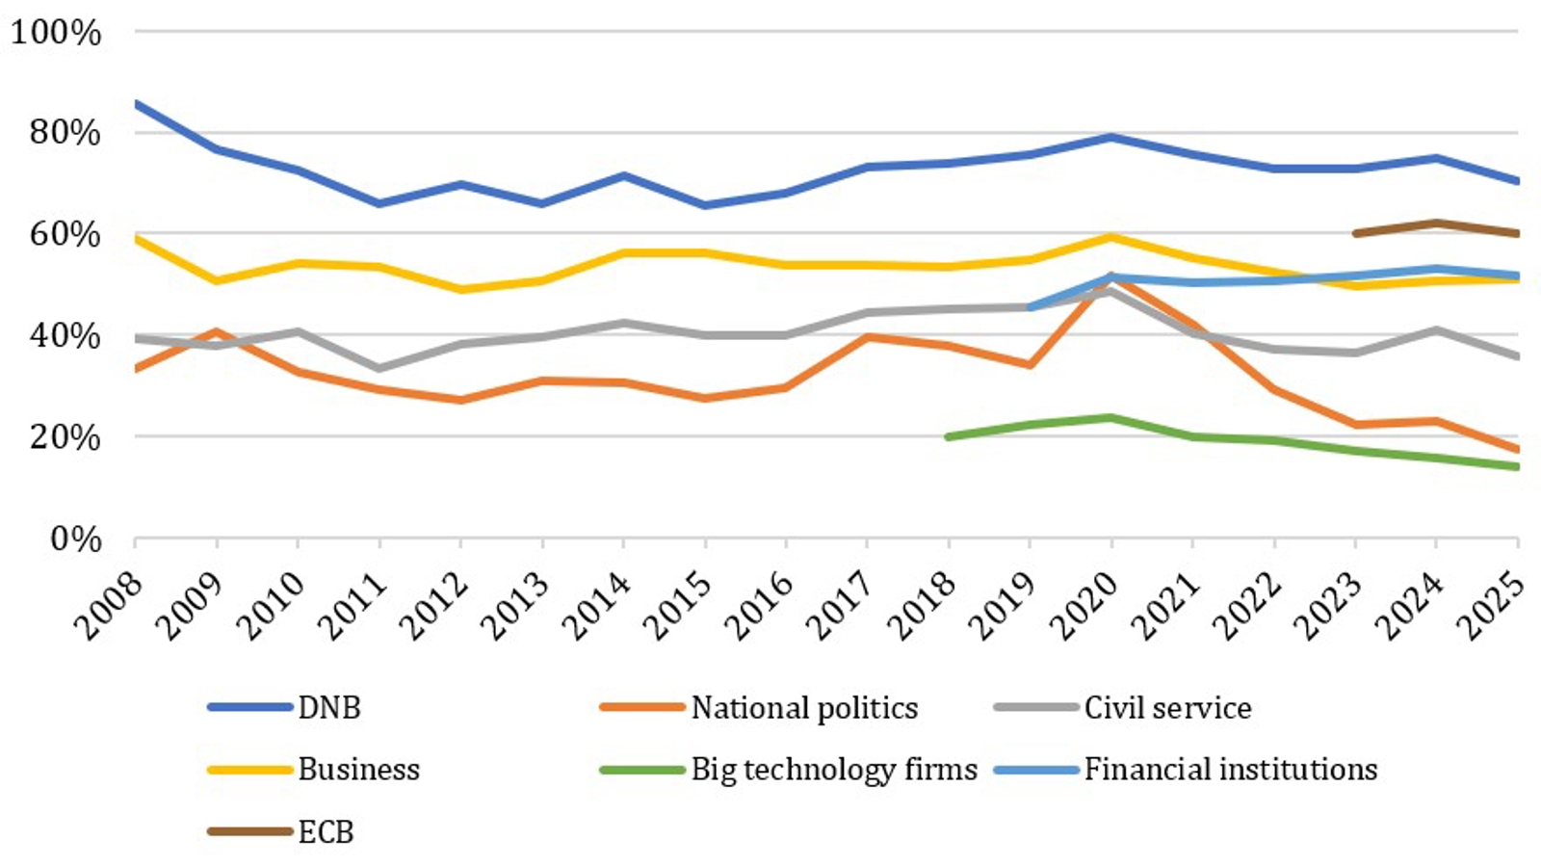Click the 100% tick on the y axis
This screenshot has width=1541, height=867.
pyautogui.click(x=56, y=33)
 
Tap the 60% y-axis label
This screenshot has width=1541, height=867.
pyautogui.click(x=65, y=234)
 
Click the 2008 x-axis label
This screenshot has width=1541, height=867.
pyautogui.click(x=109, y=606)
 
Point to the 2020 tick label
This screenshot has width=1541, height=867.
pyautogui.click(x=1084, y=606)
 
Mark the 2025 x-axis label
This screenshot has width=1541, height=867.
pyautogui.click(x=1492, y=606)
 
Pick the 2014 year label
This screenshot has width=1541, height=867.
pyautogui.click(x=597, y=606)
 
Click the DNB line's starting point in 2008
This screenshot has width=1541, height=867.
pyautogui.click(x=136, y=103)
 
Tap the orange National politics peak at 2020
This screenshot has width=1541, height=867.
pyautogui.click(x=1112, y=277)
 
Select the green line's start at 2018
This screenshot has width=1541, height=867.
pyautogui.click(x=950, y=436)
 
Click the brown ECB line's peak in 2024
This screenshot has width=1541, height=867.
pyautogui.click(x=1437, y=223)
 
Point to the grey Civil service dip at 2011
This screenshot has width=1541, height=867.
pyautogui.click(x=379, y=368)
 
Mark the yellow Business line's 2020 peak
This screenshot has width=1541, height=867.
pyautogui.click(x=1112, y=236)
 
